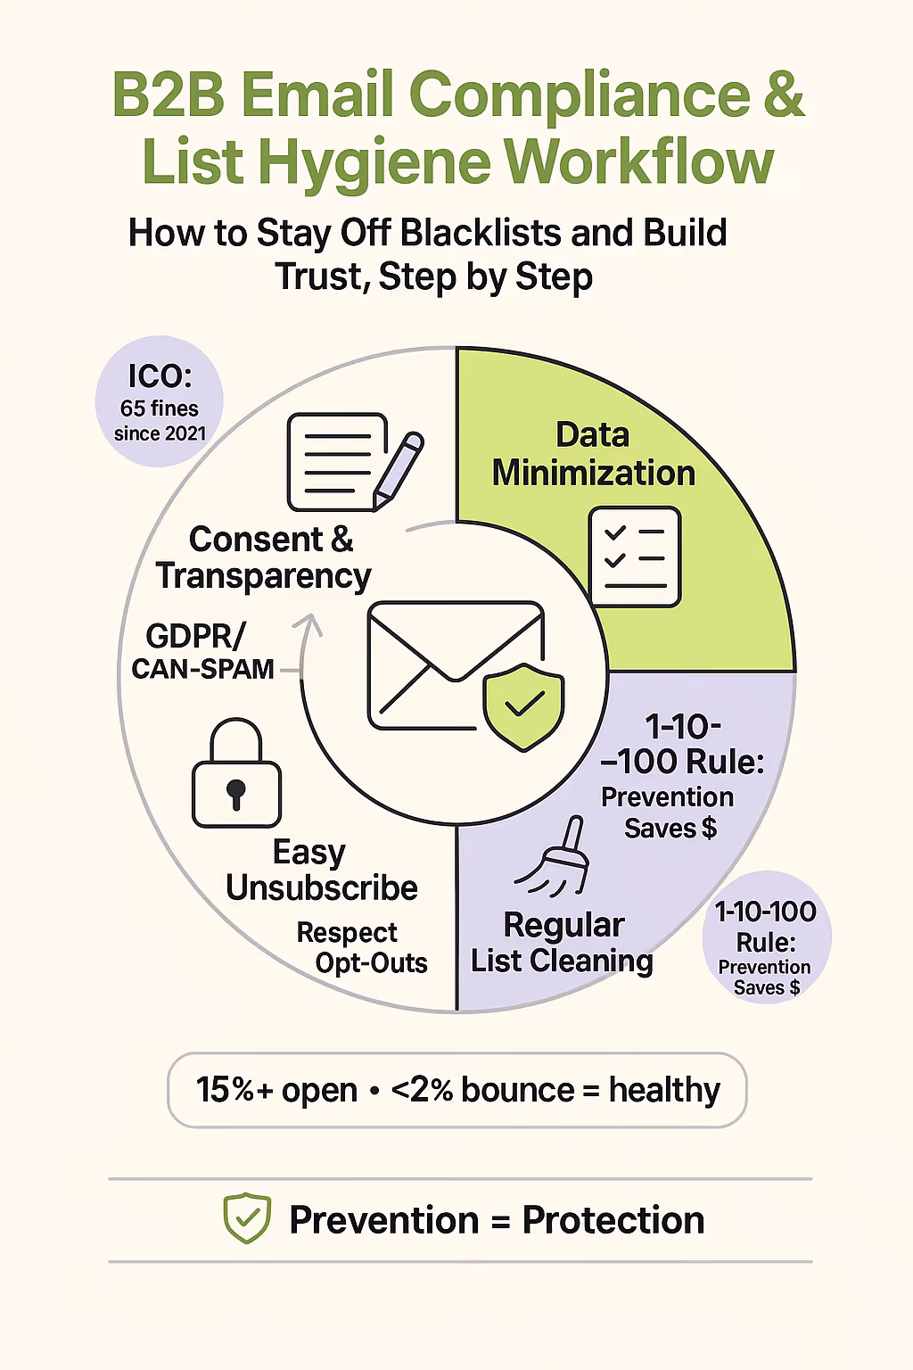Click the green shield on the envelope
pyautogui.click(x=523, y=706)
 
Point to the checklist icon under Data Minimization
pyautogui.click(x=635, y=557)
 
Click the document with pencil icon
pyautogui.click(x=353, y=462)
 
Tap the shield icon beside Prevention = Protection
pyautogui.click(x=247, y=1218)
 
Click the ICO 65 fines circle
pyautogui.click(x=160, y=402)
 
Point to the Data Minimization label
pyautogui.click(x=593, y=454)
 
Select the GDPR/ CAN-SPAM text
pyautogui.click(x=202, y=652)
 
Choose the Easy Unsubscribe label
pyautogui.click(x=321, y=871)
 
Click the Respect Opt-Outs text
pyautogui.click(x=361, y=947)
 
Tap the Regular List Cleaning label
pyautogui.click(x=562, y=943)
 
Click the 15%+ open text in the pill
pyautogui.click(x=276, y=1090)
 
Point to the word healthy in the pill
pyautogui.click(x=664, y=1090)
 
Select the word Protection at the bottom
pyautogui.click(x=613, y=1220)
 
